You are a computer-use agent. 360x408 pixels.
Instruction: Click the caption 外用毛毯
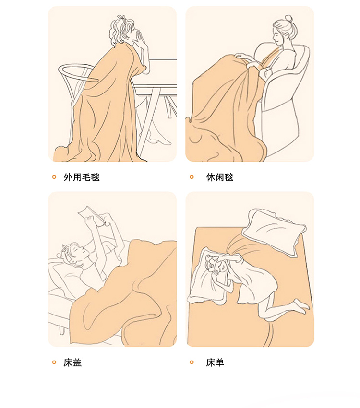tap(82, 177)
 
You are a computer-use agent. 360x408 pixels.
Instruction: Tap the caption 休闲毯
tap(219, 177)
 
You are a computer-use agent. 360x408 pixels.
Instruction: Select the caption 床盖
tap(72, 362)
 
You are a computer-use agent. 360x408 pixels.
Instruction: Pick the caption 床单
tap(215, 362)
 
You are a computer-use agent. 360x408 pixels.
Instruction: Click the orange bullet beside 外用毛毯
tap(54, 177)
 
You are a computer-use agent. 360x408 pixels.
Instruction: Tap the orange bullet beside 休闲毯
tap(192, 177)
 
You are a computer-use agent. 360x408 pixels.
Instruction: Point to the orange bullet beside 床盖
tap(54, 362)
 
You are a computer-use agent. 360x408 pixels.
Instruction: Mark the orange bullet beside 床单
tap(192, 362)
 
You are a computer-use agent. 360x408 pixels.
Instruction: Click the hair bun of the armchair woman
tap(288, 19)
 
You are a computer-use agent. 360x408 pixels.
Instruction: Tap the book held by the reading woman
tap(93, 215)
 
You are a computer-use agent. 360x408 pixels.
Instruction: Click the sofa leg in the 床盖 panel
tap(62, 329)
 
